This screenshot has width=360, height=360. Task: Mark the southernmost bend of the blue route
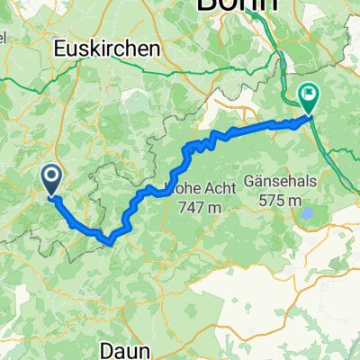click(109, 241)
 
